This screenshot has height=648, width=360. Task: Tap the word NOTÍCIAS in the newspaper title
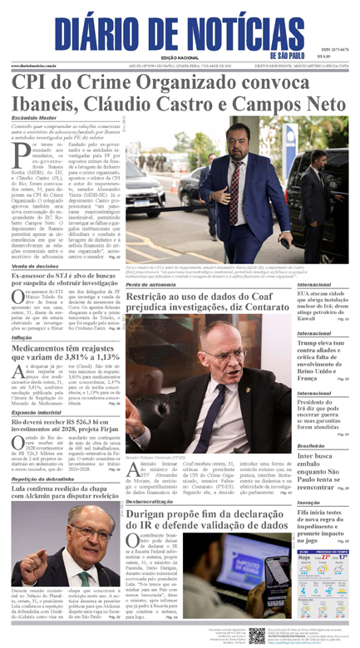(228, 30)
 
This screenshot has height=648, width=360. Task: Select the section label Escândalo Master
(34, 118)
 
